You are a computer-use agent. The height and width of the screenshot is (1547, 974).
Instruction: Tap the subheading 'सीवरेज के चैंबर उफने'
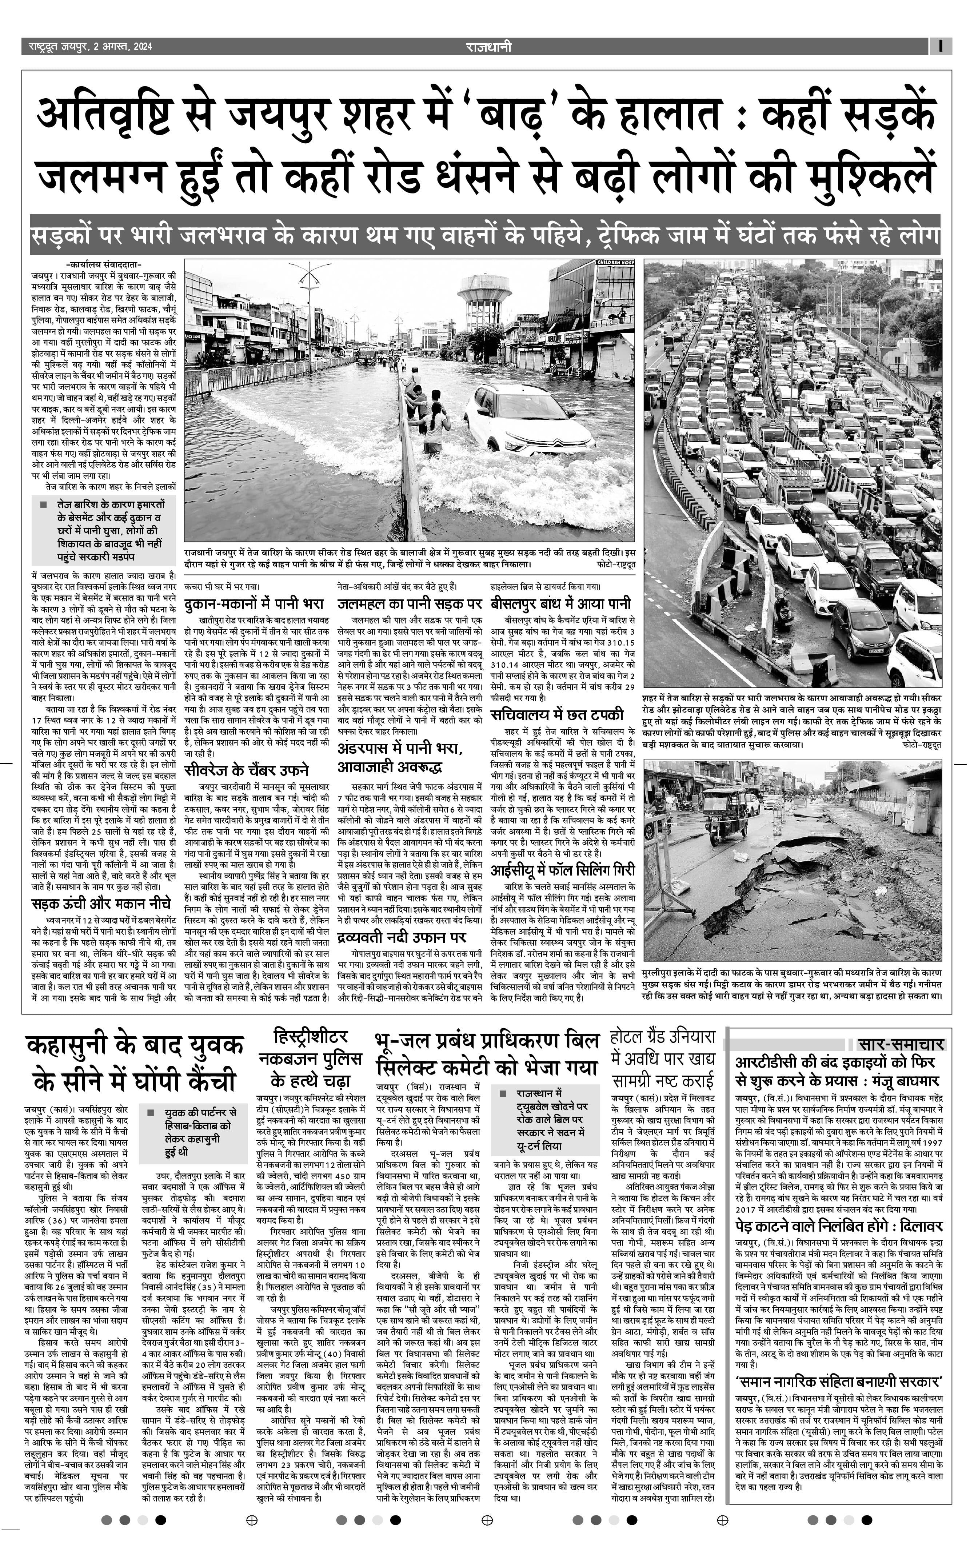tap(247, 769)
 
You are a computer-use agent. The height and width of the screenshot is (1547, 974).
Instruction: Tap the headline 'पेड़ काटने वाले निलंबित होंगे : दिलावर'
tap(838, 1225)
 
